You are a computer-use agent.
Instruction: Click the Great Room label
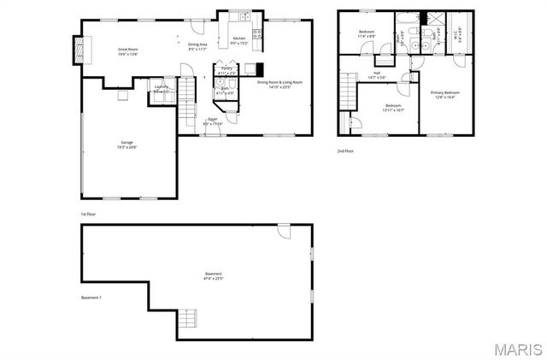pos(128,52)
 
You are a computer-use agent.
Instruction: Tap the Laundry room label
pos(161,89)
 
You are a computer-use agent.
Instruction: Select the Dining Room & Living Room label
pos(279,85)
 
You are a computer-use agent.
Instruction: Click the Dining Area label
pos(197,46)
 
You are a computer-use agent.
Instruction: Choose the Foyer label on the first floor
pos(212,122)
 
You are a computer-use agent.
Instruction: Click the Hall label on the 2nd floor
pos(377,74)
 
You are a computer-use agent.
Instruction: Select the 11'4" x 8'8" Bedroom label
pos(367,34)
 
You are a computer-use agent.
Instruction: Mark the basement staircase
pos(188,320)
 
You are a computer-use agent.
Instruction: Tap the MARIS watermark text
pos(512,349)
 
